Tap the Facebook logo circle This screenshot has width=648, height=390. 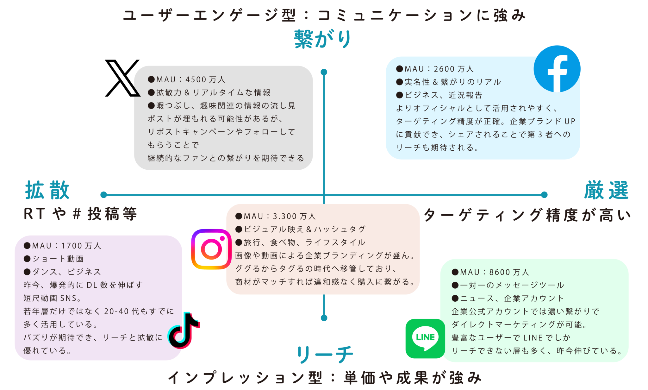(557, 69)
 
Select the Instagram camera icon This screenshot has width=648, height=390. (211, 249)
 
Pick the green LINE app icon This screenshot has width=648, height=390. (425, 338)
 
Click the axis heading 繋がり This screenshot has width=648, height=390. (323, 39)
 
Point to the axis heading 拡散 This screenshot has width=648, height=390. (47, 191)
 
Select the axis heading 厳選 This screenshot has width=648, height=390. (606, 191)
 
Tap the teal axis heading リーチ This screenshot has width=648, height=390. (325, 355)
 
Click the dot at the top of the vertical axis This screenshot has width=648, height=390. (324, 72)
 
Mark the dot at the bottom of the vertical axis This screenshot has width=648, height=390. (324, 318)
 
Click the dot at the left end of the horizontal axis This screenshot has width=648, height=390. (103, 195)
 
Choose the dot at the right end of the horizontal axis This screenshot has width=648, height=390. (544, 195)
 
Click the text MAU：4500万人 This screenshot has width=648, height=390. (187, 79)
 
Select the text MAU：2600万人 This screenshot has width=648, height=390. (435, 69)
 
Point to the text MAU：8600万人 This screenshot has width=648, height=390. (490, 272)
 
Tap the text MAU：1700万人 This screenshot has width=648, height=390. (63, 246)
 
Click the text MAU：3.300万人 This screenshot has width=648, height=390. (276, 216)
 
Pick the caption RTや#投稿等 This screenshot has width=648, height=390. (80, 214)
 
